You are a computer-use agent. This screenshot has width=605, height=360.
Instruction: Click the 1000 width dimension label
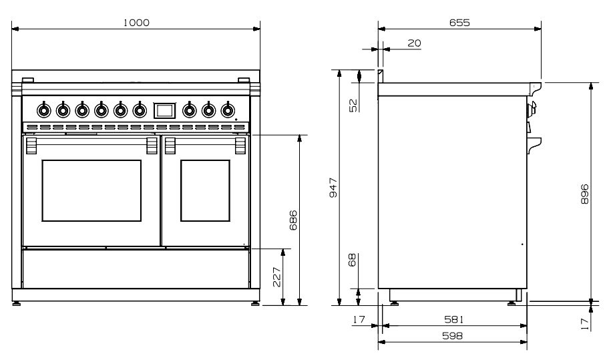pyautogui.click(x=136, y=22)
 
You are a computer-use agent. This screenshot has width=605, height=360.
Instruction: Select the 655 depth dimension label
pyautogui.click(x=459, y=22)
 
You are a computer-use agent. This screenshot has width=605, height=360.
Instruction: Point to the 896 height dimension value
pyautogui.click(x=584, y=194)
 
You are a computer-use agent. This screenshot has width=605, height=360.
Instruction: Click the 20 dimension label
pyautogui.click(x=414, y=43)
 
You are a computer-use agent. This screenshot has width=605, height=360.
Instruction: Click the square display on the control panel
pyautogui.click(x=164, y=110)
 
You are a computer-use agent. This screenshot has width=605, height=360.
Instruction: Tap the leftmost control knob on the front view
pyautogui.click(x=44, y=110)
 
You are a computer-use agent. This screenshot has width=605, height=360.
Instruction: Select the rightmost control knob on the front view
pyautogui.click(x=228, y=110)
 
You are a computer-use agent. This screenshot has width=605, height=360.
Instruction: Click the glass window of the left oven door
pyautogui.click(x=91, y=190)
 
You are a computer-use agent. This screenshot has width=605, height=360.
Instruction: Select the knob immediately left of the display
pyautogui.click(x=140, y=110)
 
